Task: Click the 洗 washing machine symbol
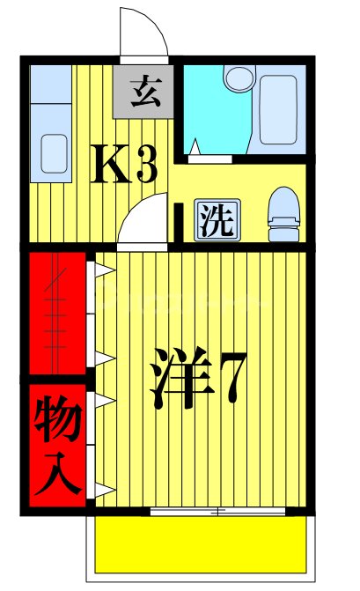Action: tap(215, 220)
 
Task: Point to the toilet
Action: tap(283, 214)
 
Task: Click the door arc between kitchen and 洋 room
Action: tap(141, 222)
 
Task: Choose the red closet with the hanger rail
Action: tap(57, 313)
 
